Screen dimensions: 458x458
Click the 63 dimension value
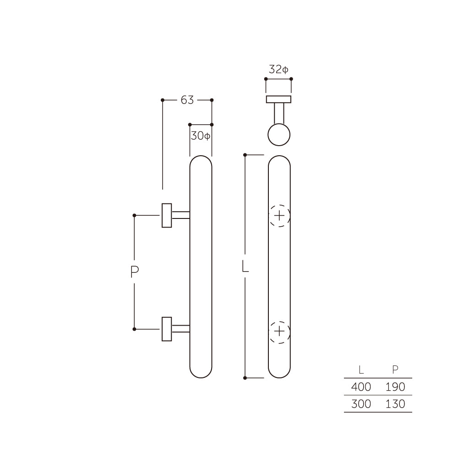(187, 100)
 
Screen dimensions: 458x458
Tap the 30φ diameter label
(201, 136)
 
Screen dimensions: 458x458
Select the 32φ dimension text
(278, 70)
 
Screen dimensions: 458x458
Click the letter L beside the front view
(245, 267)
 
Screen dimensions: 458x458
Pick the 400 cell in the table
(361, 387)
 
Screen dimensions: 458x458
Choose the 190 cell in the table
(395, 387)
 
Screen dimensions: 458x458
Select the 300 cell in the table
(361, 404)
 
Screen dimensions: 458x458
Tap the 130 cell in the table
(395, 404)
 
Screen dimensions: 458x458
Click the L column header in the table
(361, 370)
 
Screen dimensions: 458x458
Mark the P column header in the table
(395, 370)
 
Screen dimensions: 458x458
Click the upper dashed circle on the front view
(279, 215)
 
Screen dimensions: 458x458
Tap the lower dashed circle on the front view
(279, 331)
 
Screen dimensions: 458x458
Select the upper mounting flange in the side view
(167, 215)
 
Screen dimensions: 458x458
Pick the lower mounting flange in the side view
(167, 329)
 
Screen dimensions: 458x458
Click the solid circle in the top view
(279, 135)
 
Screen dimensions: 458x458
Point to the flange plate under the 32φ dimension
(278, 99)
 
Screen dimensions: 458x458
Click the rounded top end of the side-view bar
(201, 163)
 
